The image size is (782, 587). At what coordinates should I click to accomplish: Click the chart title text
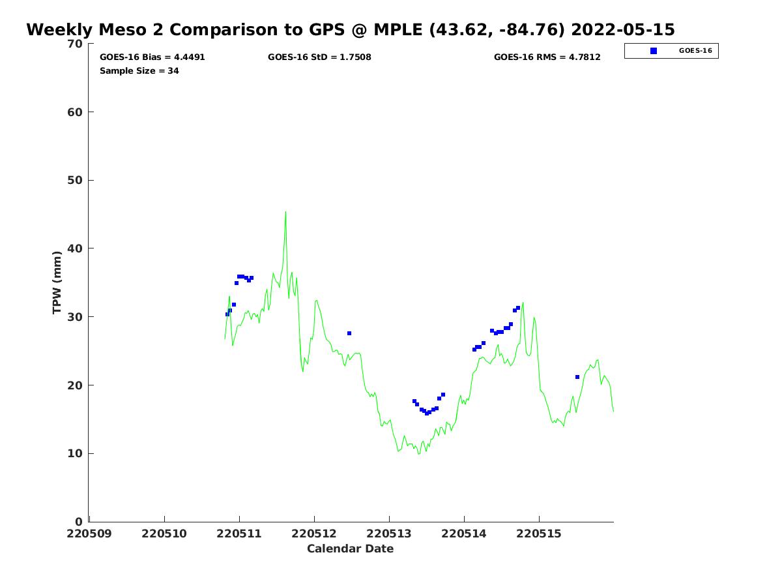[351, 30]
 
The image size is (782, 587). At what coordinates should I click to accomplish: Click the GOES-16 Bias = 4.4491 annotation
[152, 57]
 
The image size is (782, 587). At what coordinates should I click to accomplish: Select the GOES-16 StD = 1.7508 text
[319, 57]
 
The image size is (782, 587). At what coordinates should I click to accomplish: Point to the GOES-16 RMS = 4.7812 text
[547, 57]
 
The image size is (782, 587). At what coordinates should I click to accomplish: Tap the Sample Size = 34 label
[139, 71]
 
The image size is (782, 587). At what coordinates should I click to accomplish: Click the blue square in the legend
[654, 51]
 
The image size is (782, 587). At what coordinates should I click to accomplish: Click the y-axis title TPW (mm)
[57, 282]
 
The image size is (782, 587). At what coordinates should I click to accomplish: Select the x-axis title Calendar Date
[350, 549]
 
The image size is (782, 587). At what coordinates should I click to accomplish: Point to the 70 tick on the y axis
[76, 44]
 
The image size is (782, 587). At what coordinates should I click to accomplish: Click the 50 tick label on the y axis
[76, 181]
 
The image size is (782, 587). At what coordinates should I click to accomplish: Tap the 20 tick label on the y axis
[76, 385]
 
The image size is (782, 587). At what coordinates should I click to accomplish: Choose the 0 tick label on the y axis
[79, 522]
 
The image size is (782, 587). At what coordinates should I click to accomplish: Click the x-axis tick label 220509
[89, 534]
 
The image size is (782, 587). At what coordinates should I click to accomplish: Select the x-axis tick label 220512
[314, 534]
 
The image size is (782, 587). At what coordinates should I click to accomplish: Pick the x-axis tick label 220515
[539, 534]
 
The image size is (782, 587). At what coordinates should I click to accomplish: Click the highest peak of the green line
[285, 212]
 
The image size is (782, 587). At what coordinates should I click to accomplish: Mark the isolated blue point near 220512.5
[349, 333]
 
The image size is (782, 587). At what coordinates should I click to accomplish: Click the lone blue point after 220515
[577, 377]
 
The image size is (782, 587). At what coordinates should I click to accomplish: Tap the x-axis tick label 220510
[164, 534]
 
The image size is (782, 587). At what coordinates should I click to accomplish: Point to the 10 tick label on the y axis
[76, 454]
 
